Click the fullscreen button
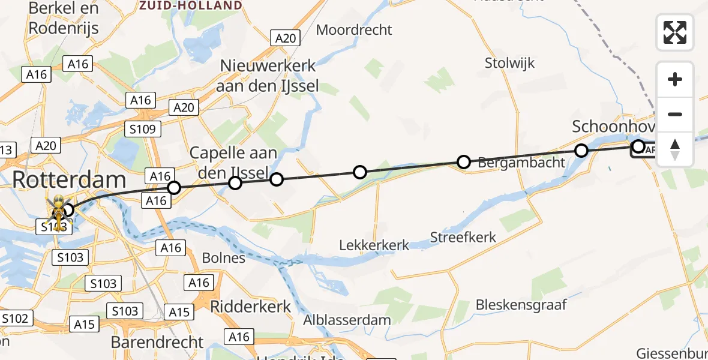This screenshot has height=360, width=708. [x=675, y=32]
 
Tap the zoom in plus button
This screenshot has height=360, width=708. [x=675, y=80]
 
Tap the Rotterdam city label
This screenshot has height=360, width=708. [x=70, y=179]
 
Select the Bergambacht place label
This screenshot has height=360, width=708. [x=521, y=162]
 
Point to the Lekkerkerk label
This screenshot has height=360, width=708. [x=374, y=245]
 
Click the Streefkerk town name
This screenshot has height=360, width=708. [x=463, y=237]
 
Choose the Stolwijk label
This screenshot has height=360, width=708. [x=509, y=63]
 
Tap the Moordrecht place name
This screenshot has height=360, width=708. [x=354, y=29]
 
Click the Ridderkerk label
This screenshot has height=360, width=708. [x=251, y=306]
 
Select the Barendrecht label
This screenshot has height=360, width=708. [x=157, y=342]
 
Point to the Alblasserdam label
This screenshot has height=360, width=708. [x=347, y=320]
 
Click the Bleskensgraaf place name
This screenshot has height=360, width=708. [x=521, y=304]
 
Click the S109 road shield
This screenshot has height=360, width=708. [x=143, y=129]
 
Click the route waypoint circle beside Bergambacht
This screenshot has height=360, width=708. [x=463, y=161]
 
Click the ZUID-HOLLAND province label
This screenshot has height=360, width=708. [x=191, y=5]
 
